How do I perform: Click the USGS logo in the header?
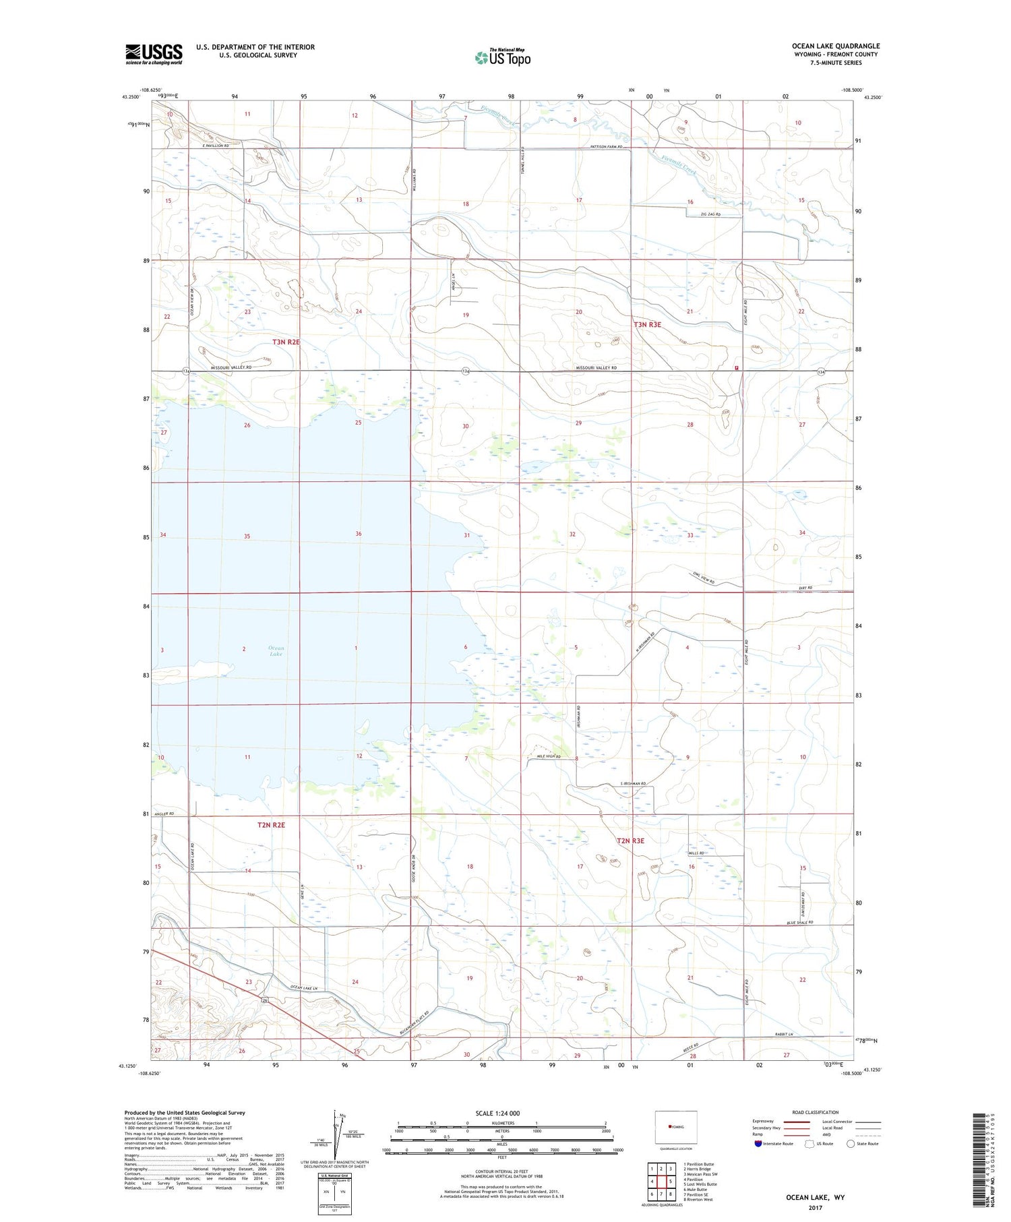tap(154, 54)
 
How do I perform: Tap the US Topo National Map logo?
tap(503, 58)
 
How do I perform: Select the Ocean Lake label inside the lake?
tap(276, 650)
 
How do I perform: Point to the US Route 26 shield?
tap(267, 1000)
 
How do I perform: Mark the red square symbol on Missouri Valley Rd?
tap(737, 368)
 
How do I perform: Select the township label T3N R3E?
tap(647, 325)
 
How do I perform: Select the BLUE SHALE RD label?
tap(799, 923)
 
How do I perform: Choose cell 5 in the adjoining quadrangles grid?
tap(671, 1181)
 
